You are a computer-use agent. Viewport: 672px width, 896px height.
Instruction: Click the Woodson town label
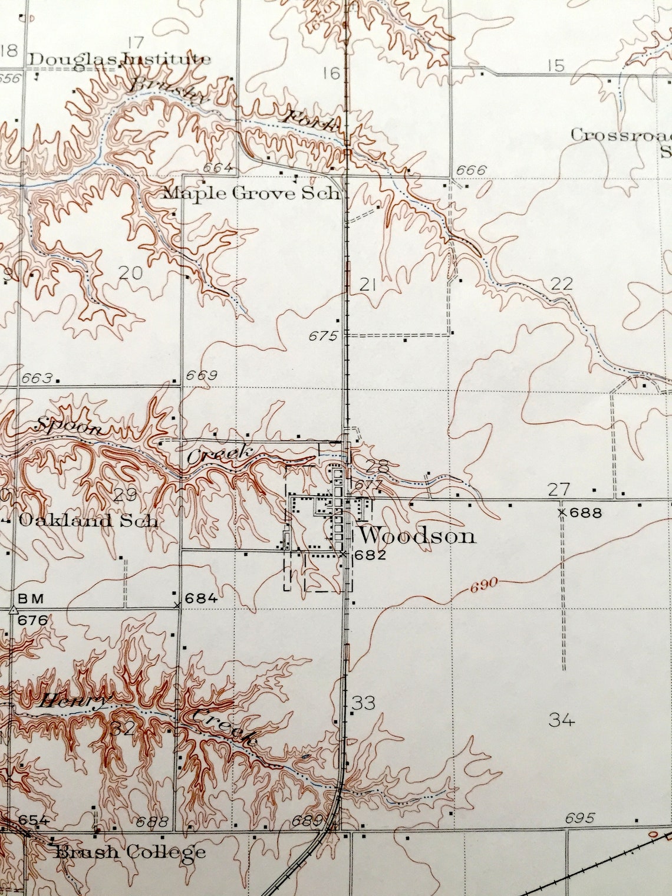(x=417, y=536)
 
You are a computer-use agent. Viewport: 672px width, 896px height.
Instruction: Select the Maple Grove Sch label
(x=252, y=193)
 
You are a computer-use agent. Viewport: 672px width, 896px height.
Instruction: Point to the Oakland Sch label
(x=88, y=521)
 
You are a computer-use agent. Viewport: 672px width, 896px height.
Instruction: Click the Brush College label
(x=130, y=852)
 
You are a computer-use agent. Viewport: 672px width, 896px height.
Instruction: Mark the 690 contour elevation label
(x=485, y=585)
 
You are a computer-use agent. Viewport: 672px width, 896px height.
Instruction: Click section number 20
(x=131, y=272)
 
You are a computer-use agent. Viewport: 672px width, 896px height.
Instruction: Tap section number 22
(x=561, y=284)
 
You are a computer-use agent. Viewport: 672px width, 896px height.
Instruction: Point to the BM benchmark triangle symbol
(x=12, y=610)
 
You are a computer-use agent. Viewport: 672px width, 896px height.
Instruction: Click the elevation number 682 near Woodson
(x=370, y=555)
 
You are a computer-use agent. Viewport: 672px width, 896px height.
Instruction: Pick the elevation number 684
(x=201, y=599)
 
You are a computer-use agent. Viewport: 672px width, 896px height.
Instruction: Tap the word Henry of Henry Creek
(x=74, y=702)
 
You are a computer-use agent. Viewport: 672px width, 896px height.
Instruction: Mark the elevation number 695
(x=579, y=818)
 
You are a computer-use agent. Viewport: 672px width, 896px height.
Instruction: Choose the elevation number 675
(x=322, y=337)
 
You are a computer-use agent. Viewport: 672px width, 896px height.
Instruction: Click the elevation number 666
(x=471, y=171)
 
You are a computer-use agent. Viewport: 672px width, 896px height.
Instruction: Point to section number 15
(x=555, y=65)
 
